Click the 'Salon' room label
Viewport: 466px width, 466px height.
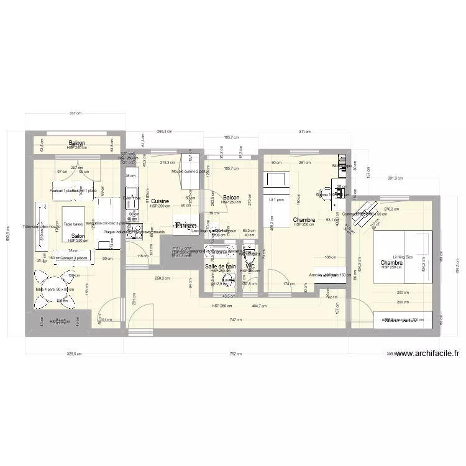tap(78, 236)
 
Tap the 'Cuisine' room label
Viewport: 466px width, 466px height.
tap(160, 201)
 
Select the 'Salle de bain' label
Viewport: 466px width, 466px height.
tap(221, 266)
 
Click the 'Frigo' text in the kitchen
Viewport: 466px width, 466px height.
tap(186, 225)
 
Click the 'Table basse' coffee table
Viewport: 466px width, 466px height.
tap(73, 224)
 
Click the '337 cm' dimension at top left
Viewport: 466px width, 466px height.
tap(75, 114)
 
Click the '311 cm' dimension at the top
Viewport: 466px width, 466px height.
tap(304, 132)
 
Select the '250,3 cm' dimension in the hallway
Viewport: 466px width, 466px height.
tap(163, 279)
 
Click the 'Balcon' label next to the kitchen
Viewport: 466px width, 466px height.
tap(231, 198)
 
